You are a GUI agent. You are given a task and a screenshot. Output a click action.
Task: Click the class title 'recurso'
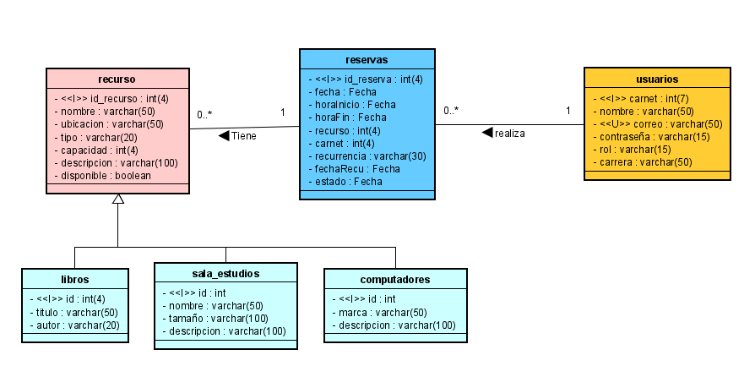tap(117, 79)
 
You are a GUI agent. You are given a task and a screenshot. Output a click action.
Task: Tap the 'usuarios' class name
tap(656, 79)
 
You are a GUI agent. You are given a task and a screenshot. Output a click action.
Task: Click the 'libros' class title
tap(74, 278)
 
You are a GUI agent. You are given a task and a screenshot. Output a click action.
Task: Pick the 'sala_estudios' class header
tap(225, 273)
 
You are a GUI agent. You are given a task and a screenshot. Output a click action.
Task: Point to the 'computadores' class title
tap(394, 278)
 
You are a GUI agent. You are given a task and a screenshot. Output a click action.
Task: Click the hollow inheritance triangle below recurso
tap(118, 199)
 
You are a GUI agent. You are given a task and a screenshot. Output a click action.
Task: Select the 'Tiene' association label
tap(243, 135)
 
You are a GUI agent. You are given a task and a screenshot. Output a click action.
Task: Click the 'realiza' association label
tap(509, 133)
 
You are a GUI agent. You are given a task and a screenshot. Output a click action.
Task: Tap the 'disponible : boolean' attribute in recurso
tap(102, 175)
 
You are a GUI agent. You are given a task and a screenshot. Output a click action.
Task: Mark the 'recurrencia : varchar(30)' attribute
tap(367, 156)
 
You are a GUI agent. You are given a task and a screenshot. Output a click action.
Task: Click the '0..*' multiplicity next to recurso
tap(204, 114)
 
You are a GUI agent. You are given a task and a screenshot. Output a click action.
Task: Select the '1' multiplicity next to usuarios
tap(568, 110)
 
